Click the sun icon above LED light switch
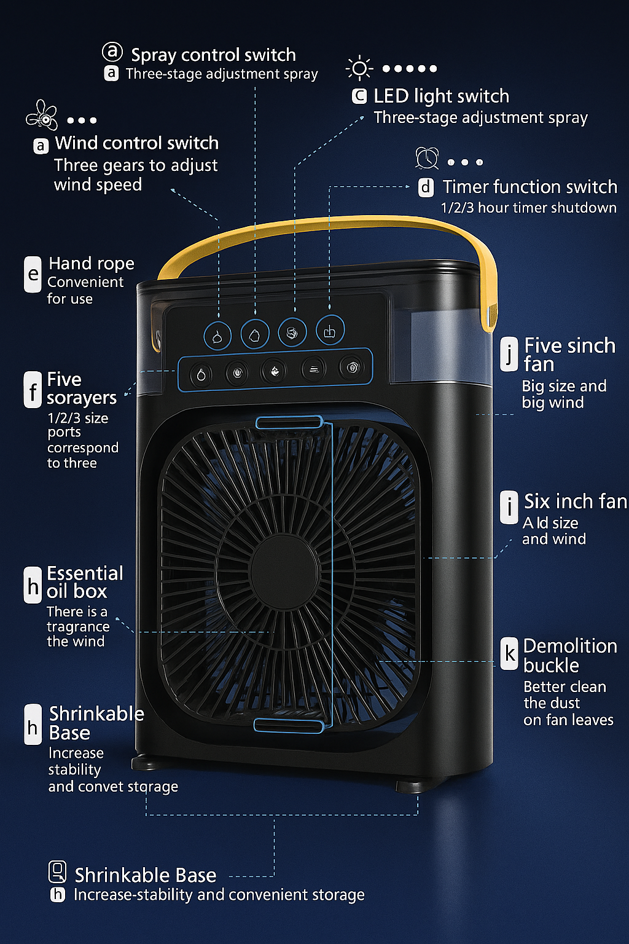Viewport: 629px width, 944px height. click(359, 68)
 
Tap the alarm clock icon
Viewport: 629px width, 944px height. click(427, 158)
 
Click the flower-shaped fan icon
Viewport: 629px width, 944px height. click(42, 115)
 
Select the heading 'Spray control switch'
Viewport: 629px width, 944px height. click(213, 55)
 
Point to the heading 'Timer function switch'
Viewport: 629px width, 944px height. click(529, 187)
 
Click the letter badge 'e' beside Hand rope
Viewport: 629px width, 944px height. click(33, 274)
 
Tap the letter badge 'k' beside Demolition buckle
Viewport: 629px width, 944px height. click(509, 653)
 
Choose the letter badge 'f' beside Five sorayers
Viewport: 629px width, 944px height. click(33, 390)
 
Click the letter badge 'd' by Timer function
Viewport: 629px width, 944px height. click(426, 187)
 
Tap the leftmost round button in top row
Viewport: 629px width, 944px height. click(217, 336)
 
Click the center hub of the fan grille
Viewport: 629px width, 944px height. click(284, 571)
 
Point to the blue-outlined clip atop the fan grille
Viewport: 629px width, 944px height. click(289, 422)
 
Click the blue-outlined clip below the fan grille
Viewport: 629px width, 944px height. click(289, 726)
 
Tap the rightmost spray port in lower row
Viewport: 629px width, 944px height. click(352, 368)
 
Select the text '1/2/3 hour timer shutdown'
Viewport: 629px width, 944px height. click(528, 208)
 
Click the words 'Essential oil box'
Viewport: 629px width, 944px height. click(85, 583)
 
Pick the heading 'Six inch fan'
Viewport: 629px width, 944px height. click(576, 502)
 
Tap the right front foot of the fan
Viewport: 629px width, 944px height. click(410, 787)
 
